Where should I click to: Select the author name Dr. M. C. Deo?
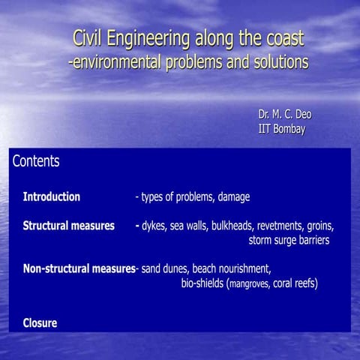[284, 114]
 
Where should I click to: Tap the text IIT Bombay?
[281, 128]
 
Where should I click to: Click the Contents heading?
[36, 161]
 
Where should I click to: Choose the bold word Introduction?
[51, 197]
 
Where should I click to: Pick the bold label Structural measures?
[68, 226]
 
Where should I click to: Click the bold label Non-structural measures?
[78, 268]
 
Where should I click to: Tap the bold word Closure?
[40, 323]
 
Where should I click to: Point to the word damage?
[233, 197]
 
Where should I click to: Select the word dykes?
[154, 226]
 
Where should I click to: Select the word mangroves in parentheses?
[249, 284]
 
